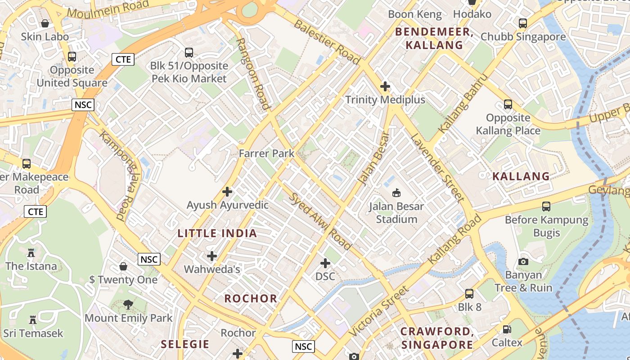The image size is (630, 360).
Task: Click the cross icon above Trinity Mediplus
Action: [385, 86]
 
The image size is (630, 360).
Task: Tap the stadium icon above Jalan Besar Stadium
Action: [396, 193]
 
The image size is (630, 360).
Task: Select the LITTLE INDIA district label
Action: [217, 233]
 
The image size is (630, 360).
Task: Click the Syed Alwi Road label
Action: [320, 221]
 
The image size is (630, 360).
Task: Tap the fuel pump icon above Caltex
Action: [507, 329]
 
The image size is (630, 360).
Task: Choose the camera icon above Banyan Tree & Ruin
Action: [523, 261]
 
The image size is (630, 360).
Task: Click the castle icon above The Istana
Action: [31, 253]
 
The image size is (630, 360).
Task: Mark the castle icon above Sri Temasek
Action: [33, 320]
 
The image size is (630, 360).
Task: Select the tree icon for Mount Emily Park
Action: [128, 305]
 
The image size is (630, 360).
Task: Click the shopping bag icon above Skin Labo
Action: [45, 23]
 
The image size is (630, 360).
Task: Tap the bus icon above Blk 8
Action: [469, 294]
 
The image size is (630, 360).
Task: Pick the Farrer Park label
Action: [266, 153]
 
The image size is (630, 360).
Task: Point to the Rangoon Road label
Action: [252, 74]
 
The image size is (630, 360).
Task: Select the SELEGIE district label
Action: [185, 344]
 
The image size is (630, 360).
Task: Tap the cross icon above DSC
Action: [325, 263]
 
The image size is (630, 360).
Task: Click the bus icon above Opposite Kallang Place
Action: [508, 104]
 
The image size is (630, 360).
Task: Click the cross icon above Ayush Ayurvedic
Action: [227, 192]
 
